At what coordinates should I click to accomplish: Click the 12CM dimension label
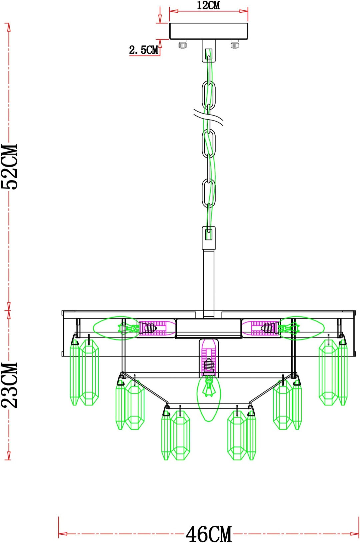click(x=208, y=5)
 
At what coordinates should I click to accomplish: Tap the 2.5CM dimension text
click(x=144, y=50)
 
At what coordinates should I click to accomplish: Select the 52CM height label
click(x=10, y=167)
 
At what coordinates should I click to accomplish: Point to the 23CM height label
click(x=10, y=385)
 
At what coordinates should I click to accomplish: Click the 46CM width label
click(x=209, y=534)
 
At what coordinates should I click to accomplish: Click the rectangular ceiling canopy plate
click(x=209, y=31)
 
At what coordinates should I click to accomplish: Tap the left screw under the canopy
click(x=183, y=44)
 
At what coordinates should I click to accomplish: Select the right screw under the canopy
click(x=235, y=44)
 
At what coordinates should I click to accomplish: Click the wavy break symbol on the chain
click(x=208, y=117)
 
